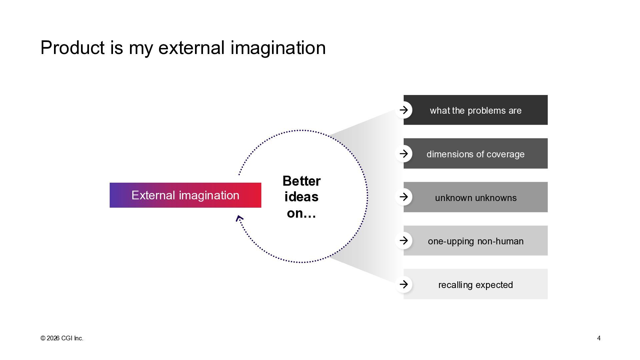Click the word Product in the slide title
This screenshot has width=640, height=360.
click(x=72, y=48)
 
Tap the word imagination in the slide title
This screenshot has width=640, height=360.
click(x=278, y=48)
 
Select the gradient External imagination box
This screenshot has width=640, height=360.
click(x=185, y=195)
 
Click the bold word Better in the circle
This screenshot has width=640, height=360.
click(x=301, y=181)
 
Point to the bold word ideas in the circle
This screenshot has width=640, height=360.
click(x=301, y=197)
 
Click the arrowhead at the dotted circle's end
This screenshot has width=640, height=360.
click(x=239, y=219)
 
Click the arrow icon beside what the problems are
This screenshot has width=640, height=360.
click(x=404, y=110)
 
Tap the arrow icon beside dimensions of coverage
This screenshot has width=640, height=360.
click(x=404, y=154)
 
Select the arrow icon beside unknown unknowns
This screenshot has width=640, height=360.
click(x=404, y=197)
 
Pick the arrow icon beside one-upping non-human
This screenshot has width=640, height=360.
click(x=404, y=241)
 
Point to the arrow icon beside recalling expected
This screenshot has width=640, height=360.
click(x=404, y=284)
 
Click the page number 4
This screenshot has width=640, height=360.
click(x=599, y=338)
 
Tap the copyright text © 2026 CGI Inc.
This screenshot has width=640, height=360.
click(x=62, y=338)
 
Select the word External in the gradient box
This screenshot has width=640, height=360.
click(x=153, y=195)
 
